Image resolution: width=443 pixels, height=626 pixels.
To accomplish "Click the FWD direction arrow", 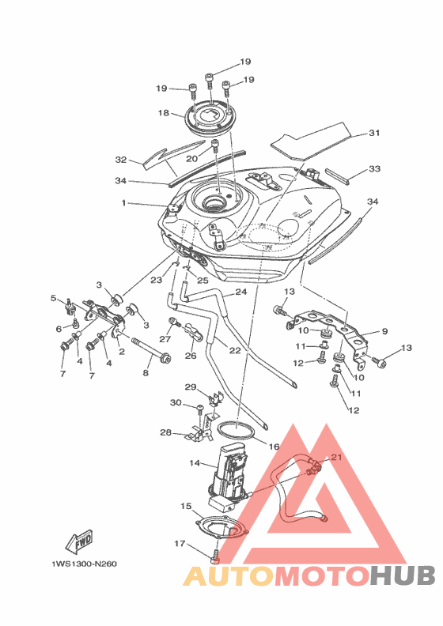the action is [80, 541].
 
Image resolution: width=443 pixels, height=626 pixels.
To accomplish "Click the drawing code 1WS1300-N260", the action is [85, 564].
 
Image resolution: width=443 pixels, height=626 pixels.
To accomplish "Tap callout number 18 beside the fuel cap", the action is [164, 113].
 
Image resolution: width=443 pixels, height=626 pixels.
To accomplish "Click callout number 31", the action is [374, 133].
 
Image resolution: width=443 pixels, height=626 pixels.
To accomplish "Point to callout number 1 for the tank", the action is [124, 203].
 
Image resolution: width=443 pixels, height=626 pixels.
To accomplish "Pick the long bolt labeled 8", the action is [151, 349].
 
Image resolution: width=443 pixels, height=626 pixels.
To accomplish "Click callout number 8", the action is [146, 373].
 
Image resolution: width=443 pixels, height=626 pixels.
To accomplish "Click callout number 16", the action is [274, 447].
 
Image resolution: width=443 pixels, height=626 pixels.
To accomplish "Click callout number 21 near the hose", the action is [337, 457].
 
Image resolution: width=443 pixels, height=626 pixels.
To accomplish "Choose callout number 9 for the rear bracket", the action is [384, 331].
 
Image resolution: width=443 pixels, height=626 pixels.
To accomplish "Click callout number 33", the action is [374, 169].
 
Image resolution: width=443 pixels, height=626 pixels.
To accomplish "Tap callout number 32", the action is [120, 160].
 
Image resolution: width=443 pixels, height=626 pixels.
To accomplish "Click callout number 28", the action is [166, 432].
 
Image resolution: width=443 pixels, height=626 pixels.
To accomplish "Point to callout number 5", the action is [53, 298].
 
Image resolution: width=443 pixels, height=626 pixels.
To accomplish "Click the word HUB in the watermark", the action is [403, 575].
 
